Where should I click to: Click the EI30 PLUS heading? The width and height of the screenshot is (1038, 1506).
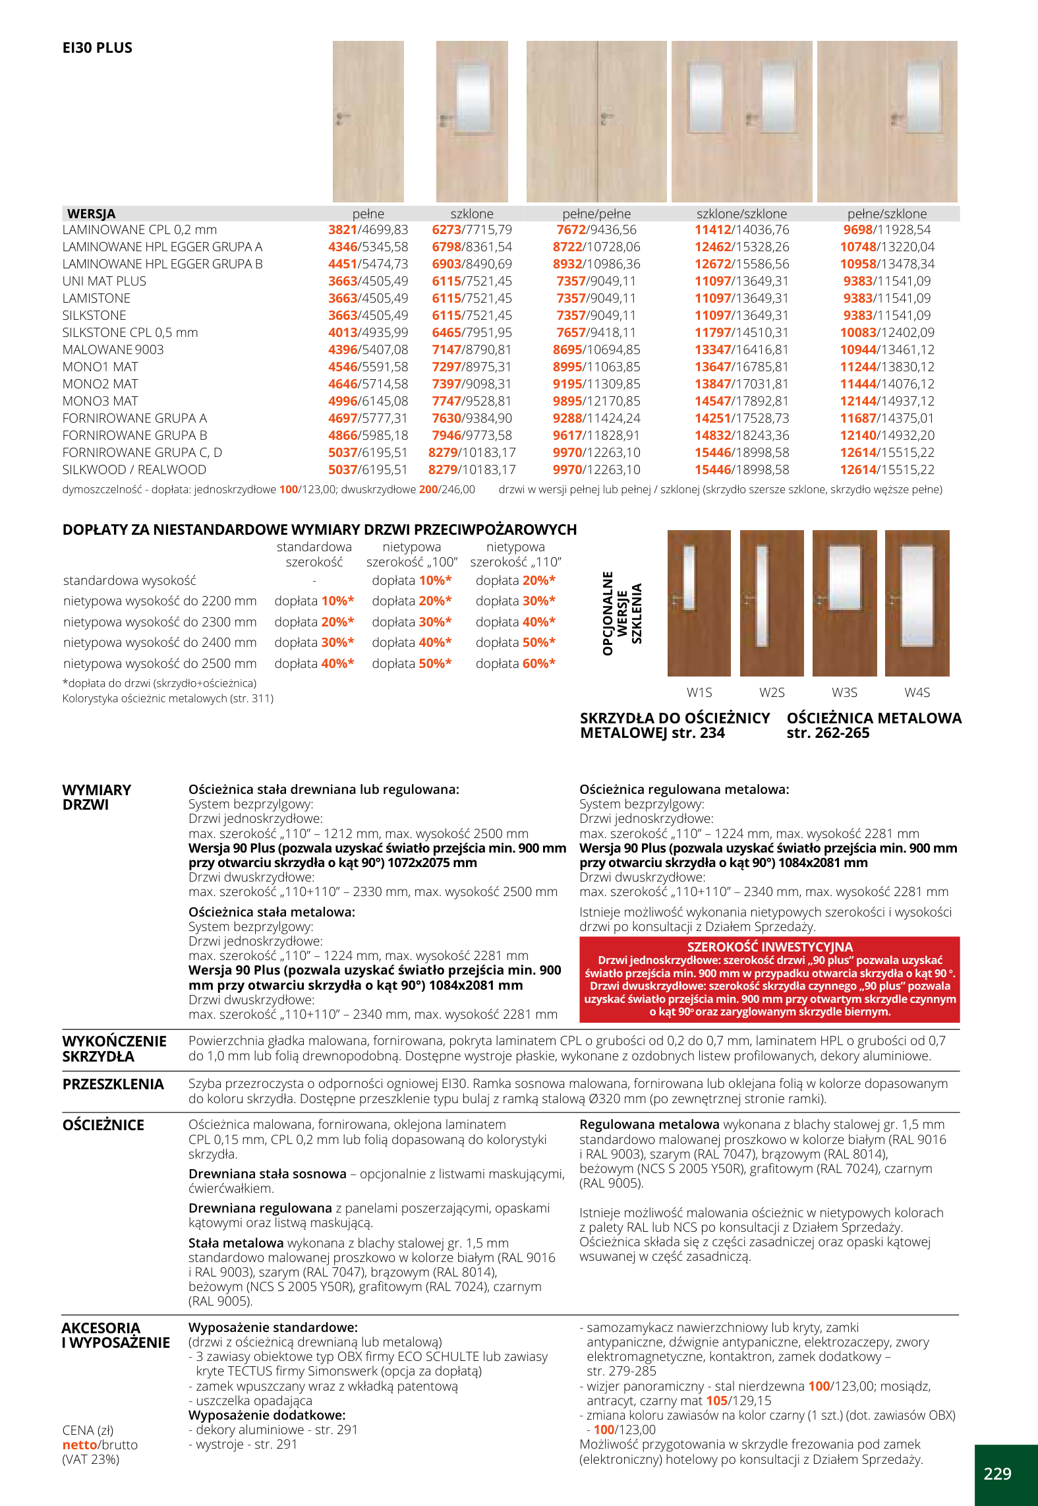click(x=97, y=48)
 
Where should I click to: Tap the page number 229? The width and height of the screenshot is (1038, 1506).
click(x=997, y=1474)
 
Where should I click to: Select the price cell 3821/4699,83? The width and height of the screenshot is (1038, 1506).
click(x=368, y=230)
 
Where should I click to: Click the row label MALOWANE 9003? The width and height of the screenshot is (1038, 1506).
click(x=113, y=350)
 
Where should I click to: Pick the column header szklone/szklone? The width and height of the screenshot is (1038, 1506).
click(x=741, y=214)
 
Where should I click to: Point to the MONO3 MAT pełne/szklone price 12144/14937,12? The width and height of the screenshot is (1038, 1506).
click(x=887, y=402)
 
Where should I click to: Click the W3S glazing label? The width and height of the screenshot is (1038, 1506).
click(x=844, y=692)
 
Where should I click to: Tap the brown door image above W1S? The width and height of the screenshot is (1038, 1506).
click(x=699, y=603)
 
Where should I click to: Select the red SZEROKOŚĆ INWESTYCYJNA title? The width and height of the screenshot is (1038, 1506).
click(x=769, y=947)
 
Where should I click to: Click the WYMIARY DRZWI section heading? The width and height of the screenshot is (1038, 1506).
click(x=97, y=797)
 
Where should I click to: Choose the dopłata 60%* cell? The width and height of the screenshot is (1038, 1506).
click(x=515, y=663)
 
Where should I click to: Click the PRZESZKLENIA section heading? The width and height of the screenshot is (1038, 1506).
click(x=113, y=1085)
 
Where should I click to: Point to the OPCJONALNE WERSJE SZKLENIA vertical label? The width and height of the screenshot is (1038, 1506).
click(x=621, y=613)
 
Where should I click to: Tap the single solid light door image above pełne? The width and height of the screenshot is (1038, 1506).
click(x=368, y=121)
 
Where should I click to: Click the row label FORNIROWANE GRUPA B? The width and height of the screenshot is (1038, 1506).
click(x=134, y=436)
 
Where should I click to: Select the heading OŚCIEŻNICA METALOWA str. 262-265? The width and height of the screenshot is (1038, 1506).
click(x=874, y=725)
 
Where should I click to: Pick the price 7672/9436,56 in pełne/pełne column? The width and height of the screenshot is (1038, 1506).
click(x=596, y=230)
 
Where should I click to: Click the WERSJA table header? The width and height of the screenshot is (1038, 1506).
click(x=91, y=214)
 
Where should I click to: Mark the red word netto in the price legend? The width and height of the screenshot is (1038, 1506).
click(x=79, y=1445)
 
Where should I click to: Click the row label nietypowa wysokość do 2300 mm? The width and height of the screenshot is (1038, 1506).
click(x=159, y=622)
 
